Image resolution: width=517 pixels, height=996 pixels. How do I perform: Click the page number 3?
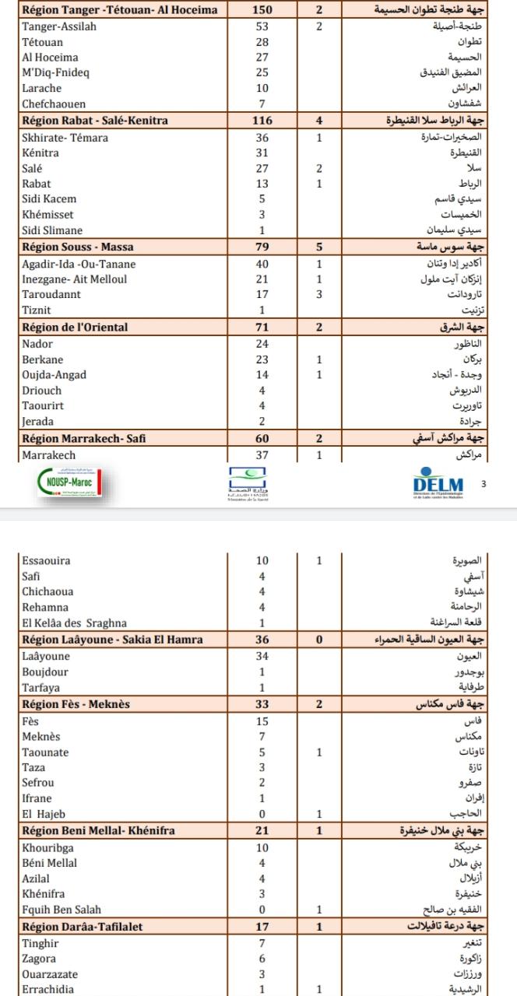pos(483,484)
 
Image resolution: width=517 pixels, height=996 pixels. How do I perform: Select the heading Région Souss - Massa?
pos(78,247)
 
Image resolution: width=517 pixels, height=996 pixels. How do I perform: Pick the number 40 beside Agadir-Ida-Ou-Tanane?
pos(262,264)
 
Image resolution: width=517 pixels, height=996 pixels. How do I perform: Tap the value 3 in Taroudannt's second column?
pos(319,295)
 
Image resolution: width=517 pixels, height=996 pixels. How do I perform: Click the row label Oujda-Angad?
pos(55,374)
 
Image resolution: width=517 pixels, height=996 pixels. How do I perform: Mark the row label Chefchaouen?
pos(54,103)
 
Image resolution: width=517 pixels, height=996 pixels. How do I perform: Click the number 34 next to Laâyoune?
pos(262,656)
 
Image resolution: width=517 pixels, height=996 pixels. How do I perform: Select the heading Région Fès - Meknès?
pos(76,704)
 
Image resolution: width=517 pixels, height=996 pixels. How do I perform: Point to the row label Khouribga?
pos(48,847)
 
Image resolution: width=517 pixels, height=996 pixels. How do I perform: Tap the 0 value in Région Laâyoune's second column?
pos(319,640)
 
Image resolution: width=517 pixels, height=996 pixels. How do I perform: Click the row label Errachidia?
pos(50,989)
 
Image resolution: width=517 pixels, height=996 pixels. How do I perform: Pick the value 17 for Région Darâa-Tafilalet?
pos(262,927)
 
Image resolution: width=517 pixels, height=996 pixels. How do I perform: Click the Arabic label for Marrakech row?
pos(468,455)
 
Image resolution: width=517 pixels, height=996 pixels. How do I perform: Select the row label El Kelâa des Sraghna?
pos(74,622)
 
